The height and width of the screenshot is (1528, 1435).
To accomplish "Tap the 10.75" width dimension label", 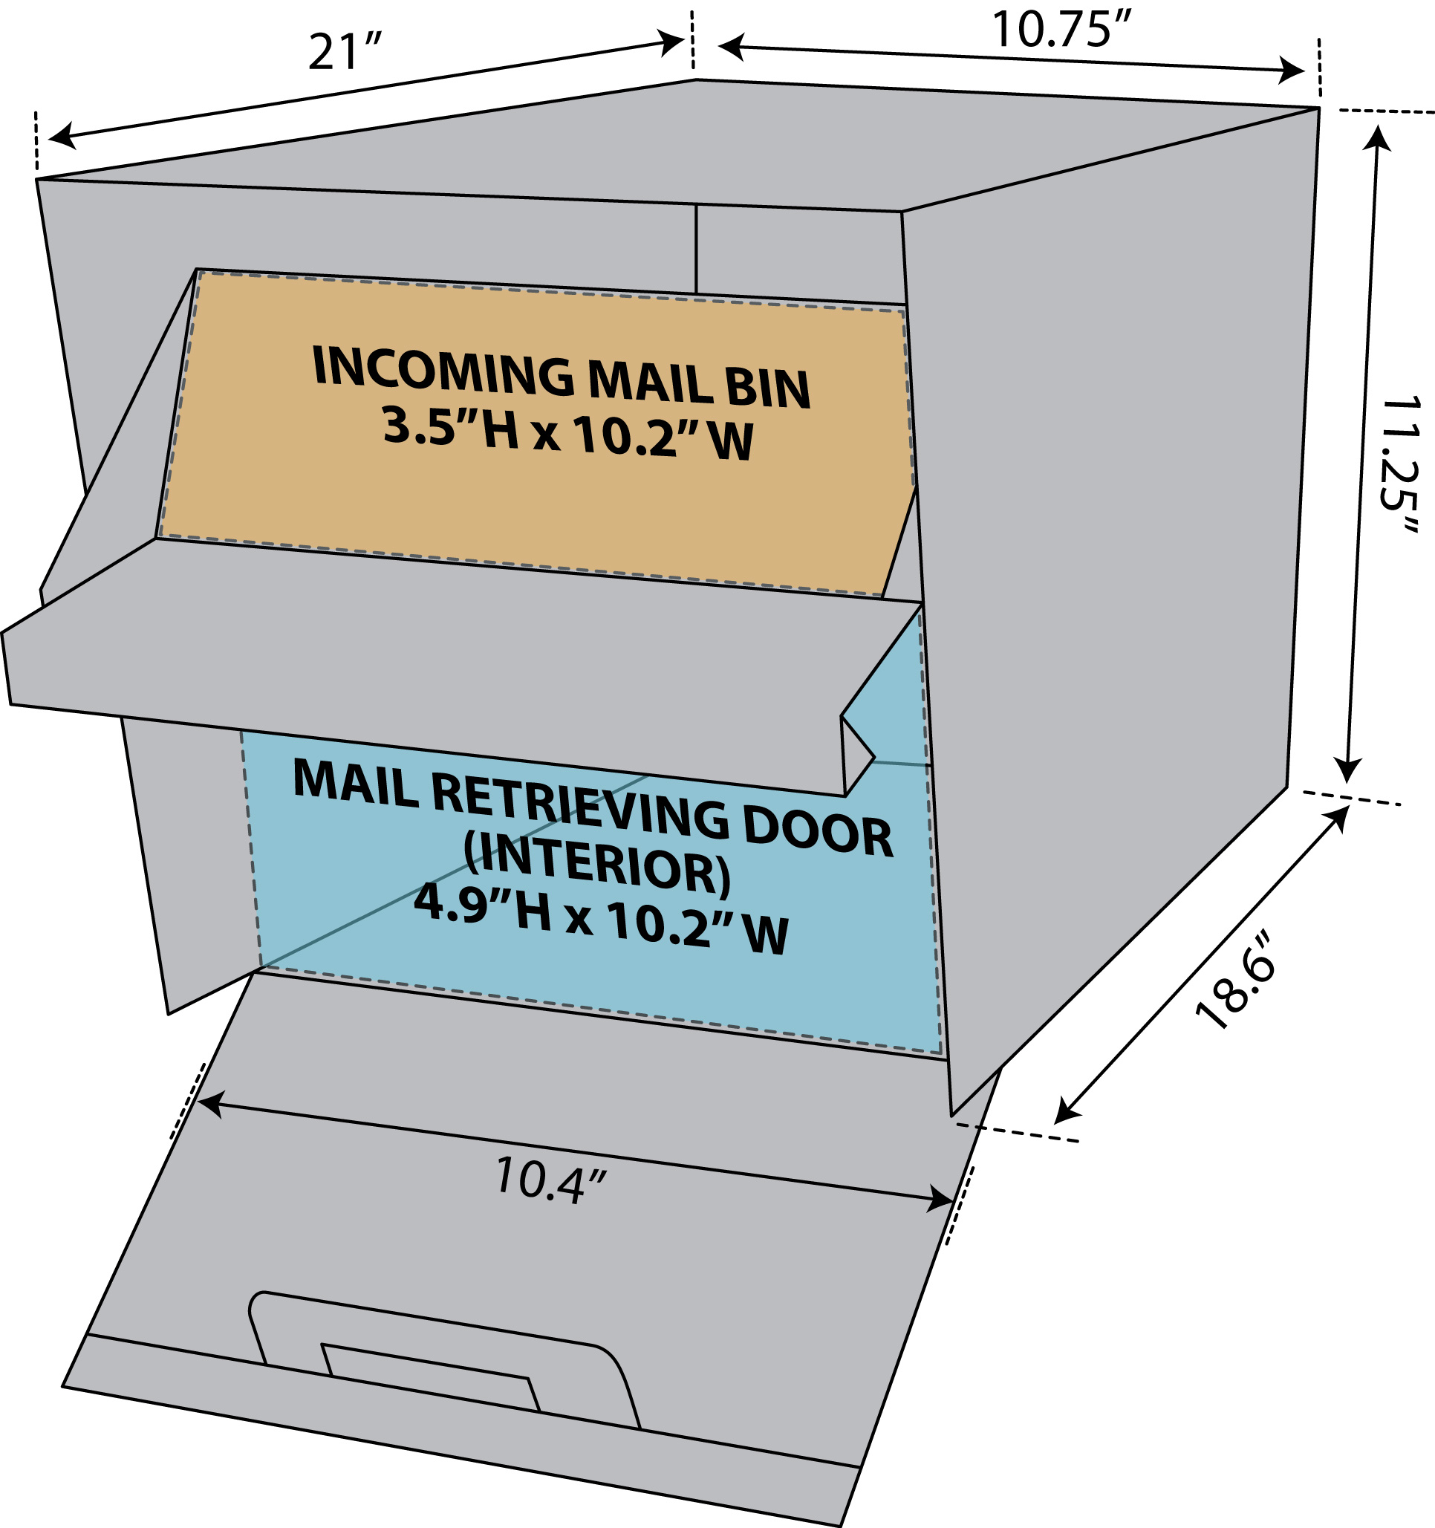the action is pyautogui.click(x=1063, y=28).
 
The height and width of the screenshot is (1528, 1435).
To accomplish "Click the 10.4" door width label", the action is pyautogui.click(x=550, y=1178).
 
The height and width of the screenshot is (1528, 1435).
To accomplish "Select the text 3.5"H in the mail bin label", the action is pyautogui.click(x=450, y=427).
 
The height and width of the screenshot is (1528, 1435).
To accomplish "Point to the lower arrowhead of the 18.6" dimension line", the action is pyautogui.click(x=1067, y=1111).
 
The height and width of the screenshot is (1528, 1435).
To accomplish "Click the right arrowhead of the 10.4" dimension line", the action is pyautogui.click(x=941, y=1198).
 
